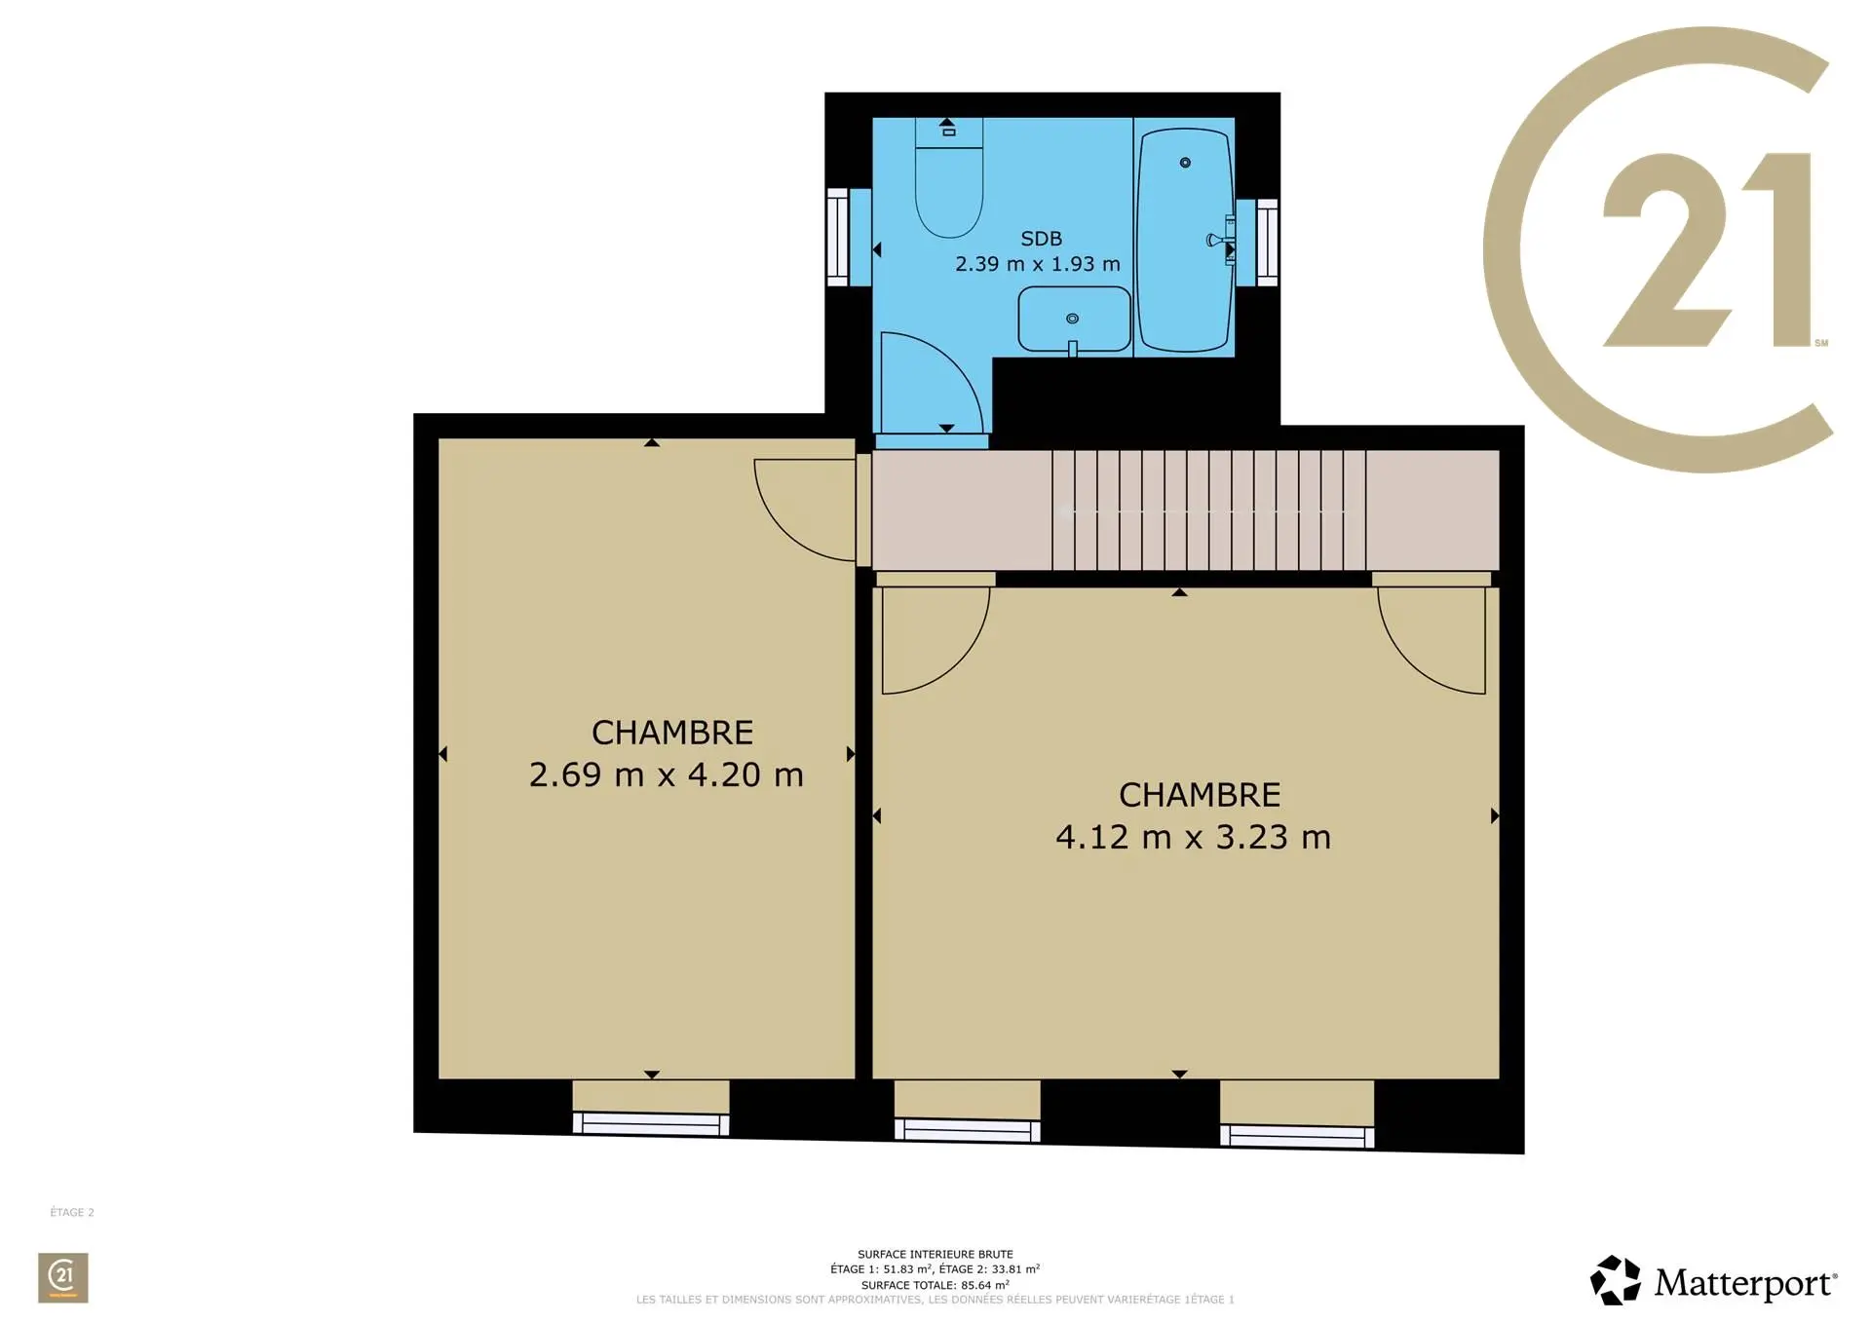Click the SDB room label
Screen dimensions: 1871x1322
[1041, 239]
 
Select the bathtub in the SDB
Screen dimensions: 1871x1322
[1186, 240]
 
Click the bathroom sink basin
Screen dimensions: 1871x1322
[1074, 319]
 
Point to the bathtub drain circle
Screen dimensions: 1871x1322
[1185, 163]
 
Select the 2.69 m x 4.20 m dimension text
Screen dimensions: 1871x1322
[667, 774]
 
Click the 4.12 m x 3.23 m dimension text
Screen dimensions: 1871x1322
[1194, 837]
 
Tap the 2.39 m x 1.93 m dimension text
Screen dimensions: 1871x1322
[1038, 264]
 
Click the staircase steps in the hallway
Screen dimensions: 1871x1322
[1208, 510]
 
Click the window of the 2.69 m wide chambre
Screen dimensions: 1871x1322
[651, 1123]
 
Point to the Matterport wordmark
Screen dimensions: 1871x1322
[1744, 1282]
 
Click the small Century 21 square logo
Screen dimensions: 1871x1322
[63, 1277]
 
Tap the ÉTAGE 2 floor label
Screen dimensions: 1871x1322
[72, 1212]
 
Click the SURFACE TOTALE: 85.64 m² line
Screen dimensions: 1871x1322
[935, 1285]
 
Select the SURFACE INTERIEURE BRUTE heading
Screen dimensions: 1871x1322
[935, 1254]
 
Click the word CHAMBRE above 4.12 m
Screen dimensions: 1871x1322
[1200, 795]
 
